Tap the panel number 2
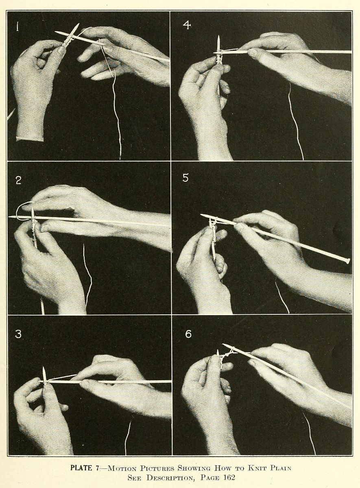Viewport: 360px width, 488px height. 19,181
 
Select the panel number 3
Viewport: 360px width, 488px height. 18,334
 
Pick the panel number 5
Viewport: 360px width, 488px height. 185,178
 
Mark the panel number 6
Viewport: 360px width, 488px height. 188,334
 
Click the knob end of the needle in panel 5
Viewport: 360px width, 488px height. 348,261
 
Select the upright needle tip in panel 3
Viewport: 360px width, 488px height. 44,368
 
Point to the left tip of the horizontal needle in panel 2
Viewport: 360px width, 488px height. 9,217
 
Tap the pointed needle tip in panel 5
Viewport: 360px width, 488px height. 201,215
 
